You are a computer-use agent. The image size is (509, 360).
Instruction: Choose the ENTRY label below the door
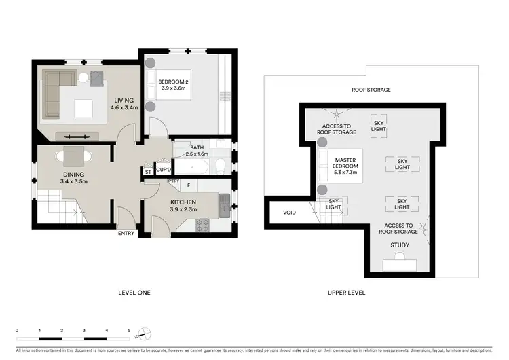click(x=127, y=234)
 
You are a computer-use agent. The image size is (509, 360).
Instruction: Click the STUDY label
click(x=400, y=245)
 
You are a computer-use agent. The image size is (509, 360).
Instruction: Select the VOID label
click(x=290, y=213)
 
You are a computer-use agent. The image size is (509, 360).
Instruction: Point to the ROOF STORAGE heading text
click(x=371, y=90)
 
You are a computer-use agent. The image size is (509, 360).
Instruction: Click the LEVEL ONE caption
click(x=134, y=293)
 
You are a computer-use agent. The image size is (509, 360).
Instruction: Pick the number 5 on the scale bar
click(x=128, y=330)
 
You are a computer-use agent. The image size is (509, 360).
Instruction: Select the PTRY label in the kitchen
click(x=174, y=181)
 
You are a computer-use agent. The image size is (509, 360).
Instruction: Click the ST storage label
click(x=148, y=172)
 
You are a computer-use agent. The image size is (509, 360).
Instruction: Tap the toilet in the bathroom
click(x=220, y=166)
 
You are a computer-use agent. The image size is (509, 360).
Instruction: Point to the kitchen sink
click(x=224, y=201)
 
